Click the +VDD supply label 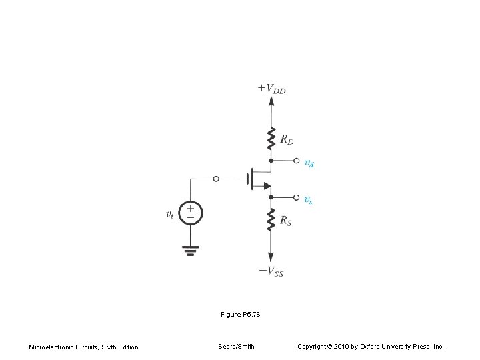[x=271, y=88]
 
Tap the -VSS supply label [x=271, y=271]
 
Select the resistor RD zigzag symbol [x=271, y=140]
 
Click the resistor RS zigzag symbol [x=271, y=219]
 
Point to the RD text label [x=287, y=140]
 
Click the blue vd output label [x=310, y=162]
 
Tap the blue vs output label [x=309, y=199]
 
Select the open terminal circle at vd [x=296, y=161]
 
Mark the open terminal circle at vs [x=296, y=197]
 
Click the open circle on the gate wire [x=216, y=179]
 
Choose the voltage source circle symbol [x=191, y=213]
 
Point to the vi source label [x=170, y=214]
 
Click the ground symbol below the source [x=191, y=251]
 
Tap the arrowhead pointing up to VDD [x=271, y=101]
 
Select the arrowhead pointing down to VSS [x=271, y=257]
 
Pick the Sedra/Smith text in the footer [x=235, y=347]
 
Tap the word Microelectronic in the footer [x=51, y=347]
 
